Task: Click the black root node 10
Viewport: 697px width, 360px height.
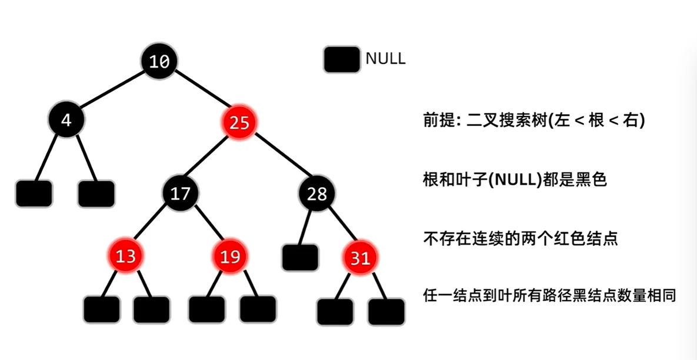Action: pos(159,60)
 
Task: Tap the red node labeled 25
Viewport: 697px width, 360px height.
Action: pos(239,123)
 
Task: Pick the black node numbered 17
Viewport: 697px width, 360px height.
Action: pos(181,193)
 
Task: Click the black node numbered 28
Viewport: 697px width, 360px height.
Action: pos(317,194)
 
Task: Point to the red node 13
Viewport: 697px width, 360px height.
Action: pos(125,256)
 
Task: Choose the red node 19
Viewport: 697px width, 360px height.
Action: pos(230,256)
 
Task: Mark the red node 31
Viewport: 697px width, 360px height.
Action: pos(361,258)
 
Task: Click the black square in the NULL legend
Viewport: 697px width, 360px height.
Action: pos(342,59)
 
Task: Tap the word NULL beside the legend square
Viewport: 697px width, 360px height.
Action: pos(385,59)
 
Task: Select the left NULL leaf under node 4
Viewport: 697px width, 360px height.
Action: pos(34,194)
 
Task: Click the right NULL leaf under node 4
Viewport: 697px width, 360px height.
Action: pos(96,194)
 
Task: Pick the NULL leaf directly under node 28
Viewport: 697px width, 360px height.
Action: pos(300,257)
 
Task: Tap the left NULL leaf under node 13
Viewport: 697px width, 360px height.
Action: pos(101,309)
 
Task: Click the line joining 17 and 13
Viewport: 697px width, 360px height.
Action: pos(153,224)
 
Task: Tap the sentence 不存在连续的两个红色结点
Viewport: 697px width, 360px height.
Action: pos(521,239)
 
